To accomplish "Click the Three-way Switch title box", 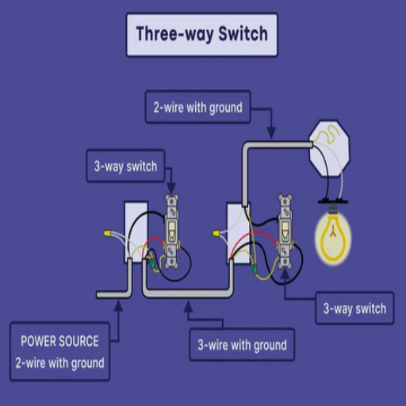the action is [x=202, y=35].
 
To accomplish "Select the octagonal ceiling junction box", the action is [x=330, y=148].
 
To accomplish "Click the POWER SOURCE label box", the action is [x=59, y=351].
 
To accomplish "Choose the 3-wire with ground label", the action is [x=242, y=345].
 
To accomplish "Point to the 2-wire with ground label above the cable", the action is [x=198, y=107].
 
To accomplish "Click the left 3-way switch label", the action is [x=125, y=166].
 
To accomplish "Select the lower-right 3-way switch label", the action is [x=354, y=308].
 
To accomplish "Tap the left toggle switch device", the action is [x=172, y=232].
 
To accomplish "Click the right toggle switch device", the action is [x=285, y=232].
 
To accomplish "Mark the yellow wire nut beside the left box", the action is [x=107, y=233].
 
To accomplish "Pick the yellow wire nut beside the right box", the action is [x=216, y=233].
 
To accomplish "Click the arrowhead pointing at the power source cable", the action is [x=119, y=304].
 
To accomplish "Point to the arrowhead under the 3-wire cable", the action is [x=188, y=306].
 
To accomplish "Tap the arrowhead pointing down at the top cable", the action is [x=271, y=132].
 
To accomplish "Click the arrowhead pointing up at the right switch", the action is [x=285, y=274].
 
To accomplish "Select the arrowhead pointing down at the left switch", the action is [x=171, y=188].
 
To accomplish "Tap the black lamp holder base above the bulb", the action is [x=333, y=202].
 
